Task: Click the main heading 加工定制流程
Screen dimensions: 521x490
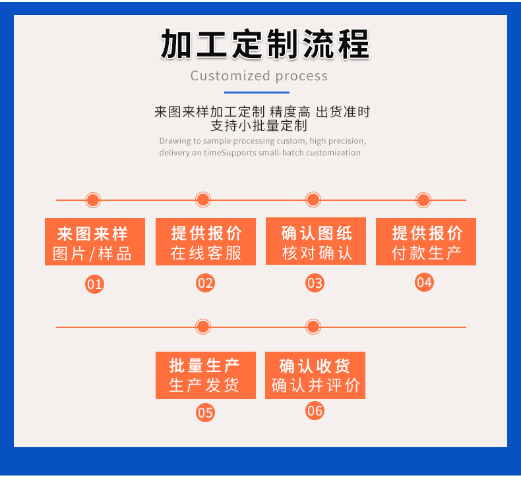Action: point(264,45)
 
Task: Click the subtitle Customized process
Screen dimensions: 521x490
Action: point(259,76)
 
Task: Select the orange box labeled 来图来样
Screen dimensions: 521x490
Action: point(95,242)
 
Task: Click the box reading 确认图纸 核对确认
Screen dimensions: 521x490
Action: point(316,242)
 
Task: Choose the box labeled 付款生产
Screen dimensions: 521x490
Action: point(426,242)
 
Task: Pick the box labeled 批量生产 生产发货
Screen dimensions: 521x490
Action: point(205,375)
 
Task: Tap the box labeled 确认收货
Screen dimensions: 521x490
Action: point(315,375)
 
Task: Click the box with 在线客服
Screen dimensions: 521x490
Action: point(205,242)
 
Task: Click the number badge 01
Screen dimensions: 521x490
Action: point(95,285)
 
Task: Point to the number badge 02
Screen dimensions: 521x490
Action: point(205,283)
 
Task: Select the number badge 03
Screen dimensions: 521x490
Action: point(315,283)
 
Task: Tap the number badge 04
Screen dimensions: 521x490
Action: point(424,283)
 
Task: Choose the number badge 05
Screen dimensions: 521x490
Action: point(205,413)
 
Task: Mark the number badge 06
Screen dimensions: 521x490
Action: point(315,411)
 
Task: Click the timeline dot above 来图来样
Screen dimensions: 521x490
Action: point(93,200)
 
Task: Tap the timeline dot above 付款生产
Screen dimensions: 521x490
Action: point(423,200)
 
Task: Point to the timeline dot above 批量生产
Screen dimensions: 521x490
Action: point(203,327)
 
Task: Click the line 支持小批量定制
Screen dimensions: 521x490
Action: point(259,126)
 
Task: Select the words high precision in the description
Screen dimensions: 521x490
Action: point(337,141)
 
